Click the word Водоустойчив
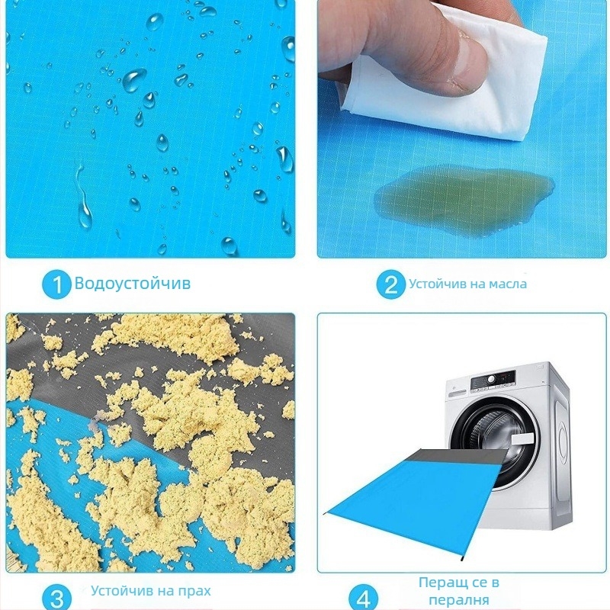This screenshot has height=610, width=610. pos(132,283)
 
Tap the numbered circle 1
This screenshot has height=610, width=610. pos(56,284)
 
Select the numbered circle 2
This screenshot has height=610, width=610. pos(391,284)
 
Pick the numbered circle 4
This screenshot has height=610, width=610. pos(364,599)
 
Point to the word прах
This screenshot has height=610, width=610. pos(194,591)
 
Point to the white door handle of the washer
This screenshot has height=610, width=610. pos(522,440)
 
